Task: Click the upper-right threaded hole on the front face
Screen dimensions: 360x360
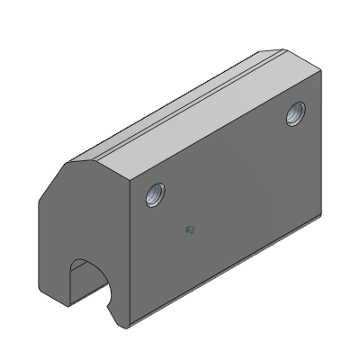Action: click(x=295, y=113)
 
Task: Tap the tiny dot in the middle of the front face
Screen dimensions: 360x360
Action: click(x=189, y=229)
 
